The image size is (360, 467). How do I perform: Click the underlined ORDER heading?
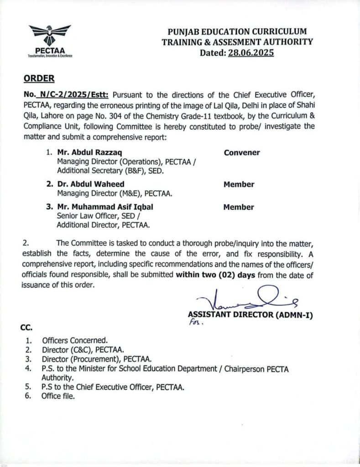point(39,78)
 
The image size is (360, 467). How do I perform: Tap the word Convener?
point(242,153)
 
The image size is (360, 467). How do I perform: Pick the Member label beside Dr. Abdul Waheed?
point(239,184)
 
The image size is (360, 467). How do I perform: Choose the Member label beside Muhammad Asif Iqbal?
point(239,207)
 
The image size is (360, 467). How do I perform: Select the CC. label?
point(26,327)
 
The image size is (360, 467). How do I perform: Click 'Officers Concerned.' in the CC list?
point(75,340)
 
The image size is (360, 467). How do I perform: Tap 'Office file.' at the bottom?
point(58,396)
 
